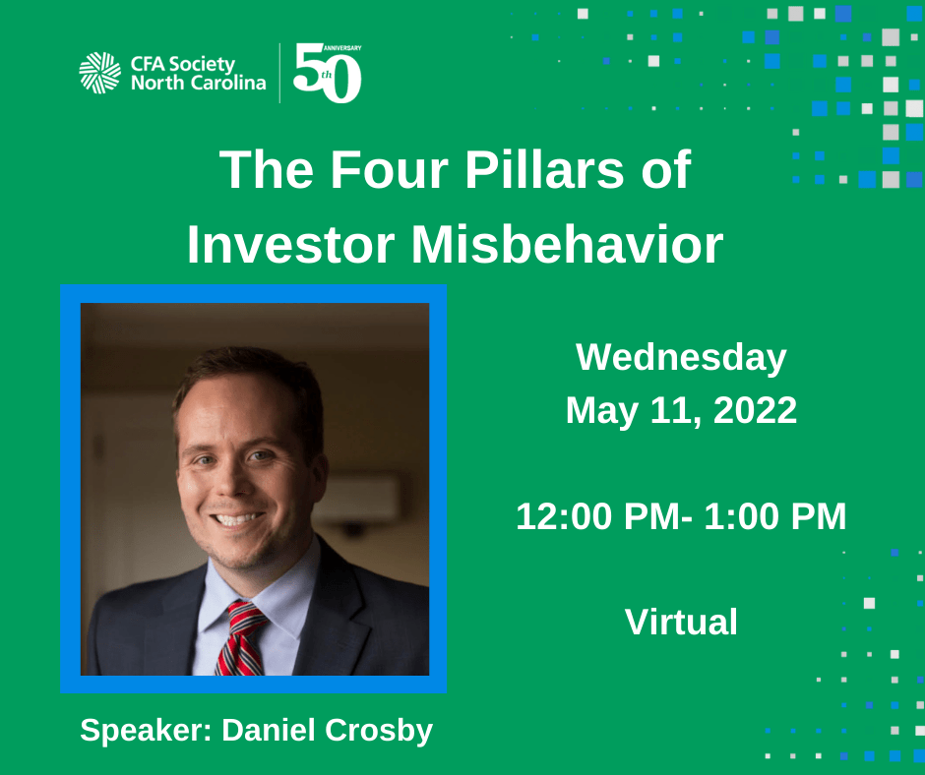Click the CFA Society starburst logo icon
click(x=99, y=73)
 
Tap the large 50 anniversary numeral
click(x=327, y=73)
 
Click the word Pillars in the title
click(x=543, y=170)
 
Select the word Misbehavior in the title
click(x=567, y=244)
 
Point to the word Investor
click(x=290, y=244)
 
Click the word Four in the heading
click(x=389, y=170)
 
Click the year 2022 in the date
click(x=755, y=410)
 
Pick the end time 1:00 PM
click(x=775, y=516)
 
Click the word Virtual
click(x=681, y=622)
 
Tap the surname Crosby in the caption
click(x=379, y=730)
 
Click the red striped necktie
click(x=241, y=638)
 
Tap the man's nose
click(x=231, y=481)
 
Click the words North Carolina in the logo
click(x=198, y=83)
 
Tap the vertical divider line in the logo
click(x=279, y=73)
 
